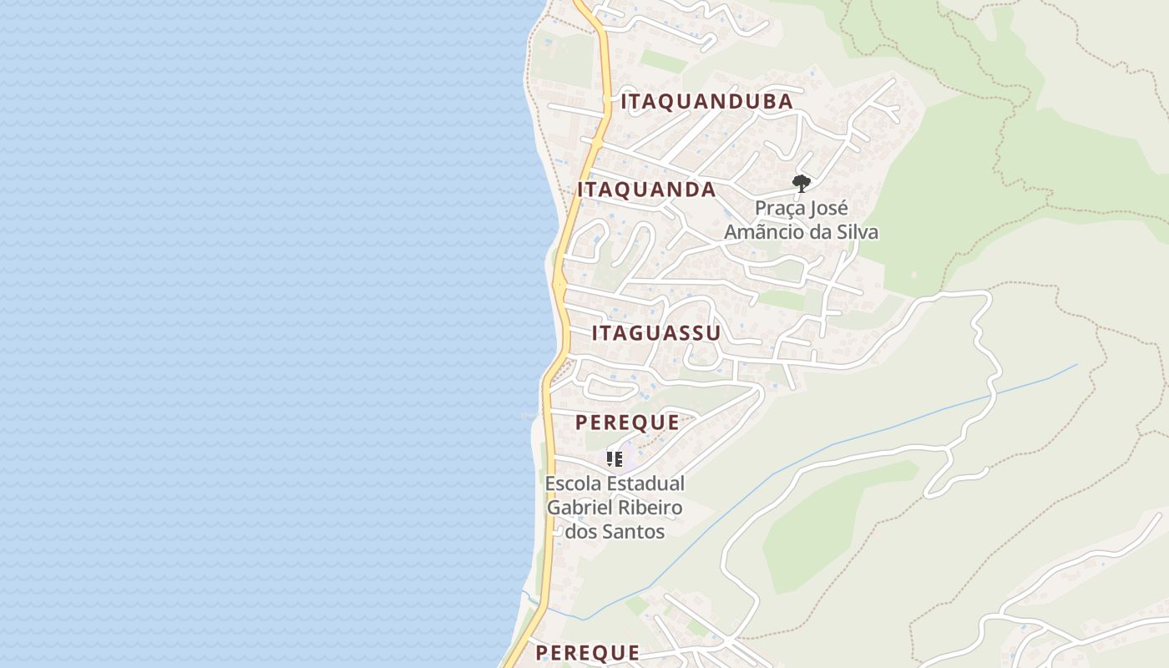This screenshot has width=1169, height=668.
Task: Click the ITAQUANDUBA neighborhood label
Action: click(x=706, y=102)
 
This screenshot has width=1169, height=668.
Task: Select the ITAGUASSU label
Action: click(x=656, y=333)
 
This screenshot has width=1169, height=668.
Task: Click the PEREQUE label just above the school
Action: click(x=627, y=423)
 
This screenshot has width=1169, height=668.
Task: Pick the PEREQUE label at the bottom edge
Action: click(x=588, y=653)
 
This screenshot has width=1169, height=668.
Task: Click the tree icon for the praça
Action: click(x=802, y=183)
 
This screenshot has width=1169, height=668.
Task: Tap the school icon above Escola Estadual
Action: click(x=615, y=458)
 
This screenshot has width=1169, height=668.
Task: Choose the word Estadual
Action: click(x=645, y=483)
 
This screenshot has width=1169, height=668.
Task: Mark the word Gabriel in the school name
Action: click(x=577, y=508)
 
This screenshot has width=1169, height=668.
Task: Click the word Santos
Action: click(x=634, y=531)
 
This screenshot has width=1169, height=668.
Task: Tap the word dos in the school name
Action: click(x=580, y=531)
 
